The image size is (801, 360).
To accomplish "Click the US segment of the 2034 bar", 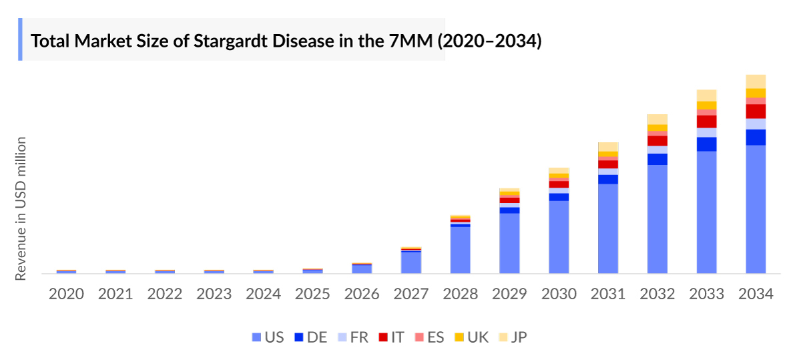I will [756, 208].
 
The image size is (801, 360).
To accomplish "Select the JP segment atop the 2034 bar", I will [756, 81].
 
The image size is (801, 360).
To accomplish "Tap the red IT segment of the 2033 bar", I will [706, 122].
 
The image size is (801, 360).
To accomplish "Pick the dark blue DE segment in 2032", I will [657, 159].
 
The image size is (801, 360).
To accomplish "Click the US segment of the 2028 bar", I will [460, 250].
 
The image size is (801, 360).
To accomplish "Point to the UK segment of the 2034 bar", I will [756, 93].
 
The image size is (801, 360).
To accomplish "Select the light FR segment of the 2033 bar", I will [706, 132].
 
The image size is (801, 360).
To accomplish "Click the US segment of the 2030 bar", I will [559, 236].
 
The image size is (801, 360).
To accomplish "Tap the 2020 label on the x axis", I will [66, 294].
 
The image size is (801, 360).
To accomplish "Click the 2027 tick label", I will [411, 294].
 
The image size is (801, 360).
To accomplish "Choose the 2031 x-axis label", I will [608, 294].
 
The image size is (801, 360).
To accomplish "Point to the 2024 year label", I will [263, 294].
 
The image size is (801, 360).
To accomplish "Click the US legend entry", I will [268, 337].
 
